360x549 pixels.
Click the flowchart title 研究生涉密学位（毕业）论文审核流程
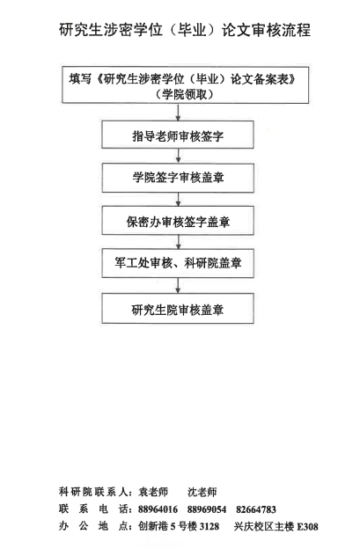point(185,30)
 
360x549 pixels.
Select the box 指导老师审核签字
point(178,135)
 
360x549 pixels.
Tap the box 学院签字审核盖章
point(178,178)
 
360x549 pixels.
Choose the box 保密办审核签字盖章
point(178,221)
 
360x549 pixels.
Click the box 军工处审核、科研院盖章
point(178,263)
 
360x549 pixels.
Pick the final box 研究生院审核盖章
point(178,308)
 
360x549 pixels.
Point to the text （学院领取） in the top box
point(185,94)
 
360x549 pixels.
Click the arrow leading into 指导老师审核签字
point(179,112)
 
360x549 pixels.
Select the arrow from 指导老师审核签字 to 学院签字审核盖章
point(179,156)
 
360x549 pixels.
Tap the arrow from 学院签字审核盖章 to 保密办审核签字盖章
point(179,199)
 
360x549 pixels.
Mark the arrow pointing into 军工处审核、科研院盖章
point(179,242)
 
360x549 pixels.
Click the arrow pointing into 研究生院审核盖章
point(179,286)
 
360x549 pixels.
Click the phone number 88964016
point(158,509)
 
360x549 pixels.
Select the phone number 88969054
point(207,509)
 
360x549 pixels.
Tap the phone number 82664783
point(256,509)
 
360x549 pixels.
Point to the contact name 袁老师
point(153,492)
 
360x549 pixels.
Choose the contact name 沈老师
point(202,492)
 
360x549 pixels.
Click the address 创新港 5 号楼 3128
point(179,526)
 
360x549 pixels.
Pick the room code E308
point(308,527)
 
